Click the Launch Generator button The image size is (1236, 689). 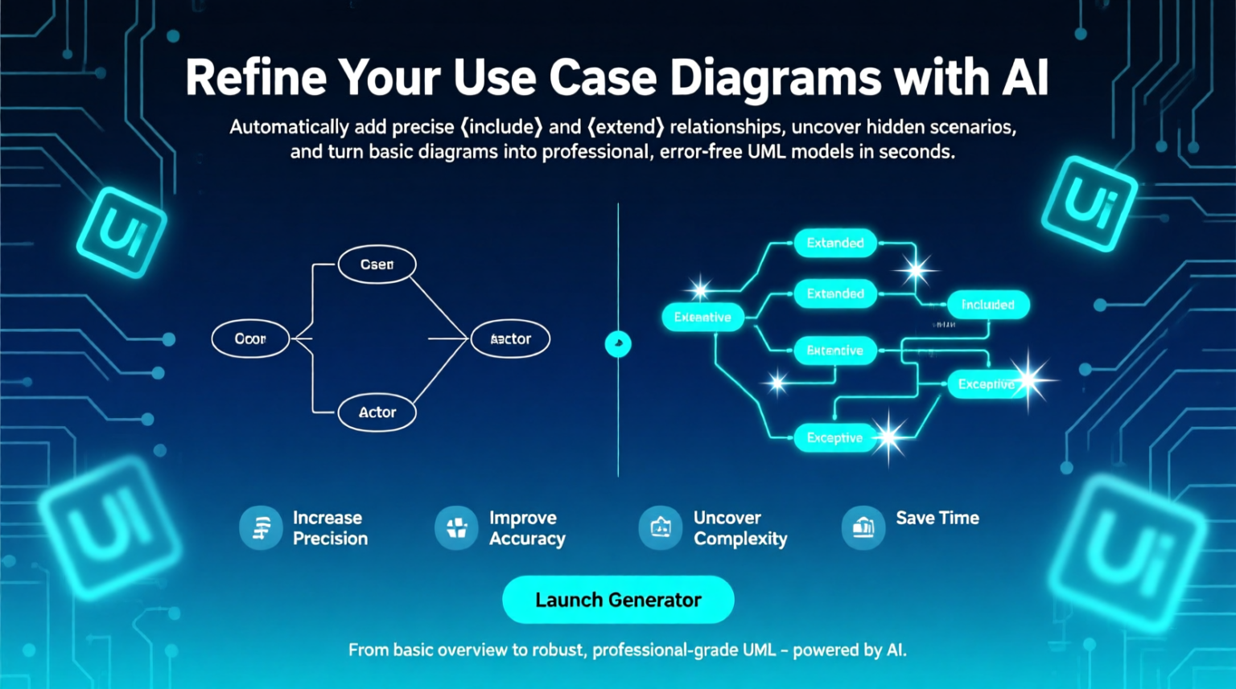click(618, 600)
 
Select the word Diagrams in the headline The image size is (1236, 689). click(775, 80)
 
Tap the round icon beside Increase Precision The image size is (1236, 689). click(261, 528)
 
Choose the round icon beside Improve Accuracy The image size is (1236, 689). click(456, 528)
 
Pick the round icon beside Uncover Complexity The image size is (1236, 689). click(661, 528)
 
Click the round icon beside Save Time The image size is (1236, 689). click(863, 528)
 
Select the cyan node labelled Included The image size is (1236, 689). click(987, 305)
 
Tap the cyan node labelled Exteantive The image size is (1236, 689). click(702, 318)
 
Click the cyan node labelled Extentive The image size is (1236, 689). click(834, 351)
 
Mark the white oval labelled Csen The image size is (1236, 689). click(377, 265)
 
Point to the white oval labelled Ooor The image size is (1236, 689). click(250, 339)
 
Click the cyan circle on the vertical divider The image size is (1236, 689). click(618, 344)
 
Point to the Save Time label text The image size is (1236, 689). click(937, 518)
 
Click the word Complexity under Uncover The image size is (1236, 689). click(740, 539)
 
